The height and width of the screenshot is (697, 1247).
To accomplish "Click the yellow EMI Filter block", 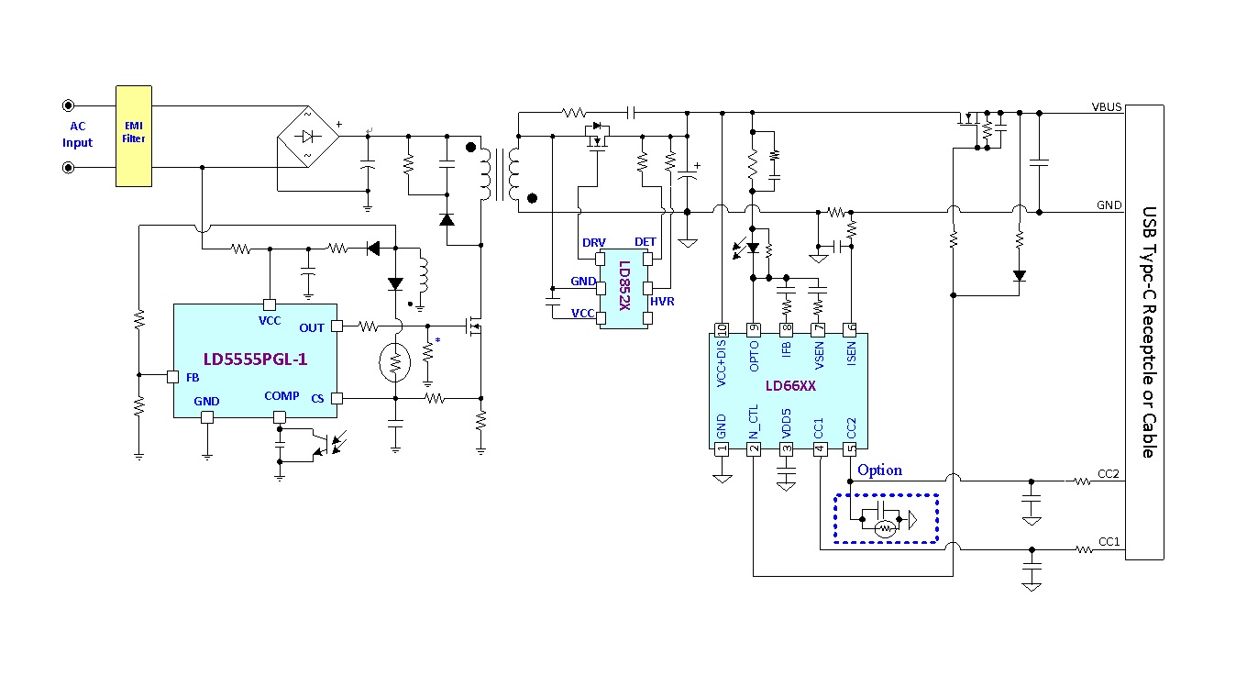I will [134, 136].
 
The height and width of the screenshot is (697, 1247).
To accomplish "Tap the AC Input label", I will [77, 135].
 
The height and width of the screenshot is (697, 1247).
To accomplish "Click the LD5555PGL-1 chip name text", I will [255, 360].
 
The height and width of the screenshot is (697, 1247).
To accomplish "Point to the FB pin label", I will [193, 377].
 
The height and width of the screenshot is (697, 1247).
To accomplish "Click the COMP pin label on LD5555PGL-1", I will [281, 396].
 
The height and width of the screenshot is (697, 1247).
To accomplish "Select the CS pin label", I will [317, 398].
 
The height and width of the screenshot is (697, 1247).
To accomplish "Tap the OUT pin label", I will [312, 327].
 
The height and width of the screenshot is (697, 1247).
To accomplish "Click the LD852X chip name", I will [623, 285].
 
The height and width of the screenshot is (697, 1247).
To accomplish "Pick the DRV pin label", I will [593, 242].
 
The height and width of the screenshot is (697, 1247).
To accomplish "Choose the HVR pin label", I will [662, 302].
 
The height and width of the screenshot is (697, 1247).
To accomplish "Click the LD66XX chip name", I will [789, 386].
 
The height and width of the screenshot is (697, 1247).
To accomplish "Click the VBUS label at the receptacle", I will [1107, 107].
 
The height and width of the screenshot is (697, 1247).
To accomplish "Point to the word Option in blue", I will [879, 470].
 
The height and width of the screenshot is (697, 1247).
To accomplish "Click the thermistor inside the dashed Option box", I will [885, 528].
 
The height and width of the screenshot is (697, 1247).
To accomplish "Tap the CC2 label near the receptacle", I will [1109, 474].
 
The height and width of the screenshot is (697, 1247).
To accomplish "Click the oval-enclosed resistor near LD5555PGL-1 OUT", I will [395, 363].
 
